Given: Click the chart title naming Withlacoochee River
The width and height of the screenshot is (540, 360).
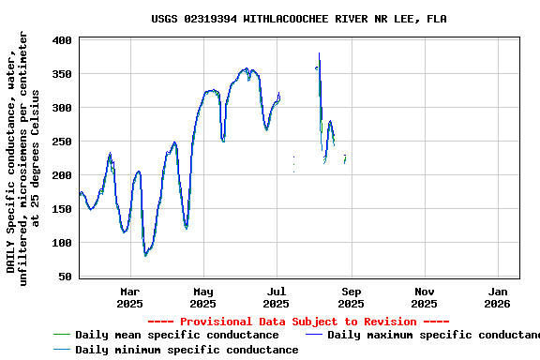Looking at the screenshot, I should pos(298,19).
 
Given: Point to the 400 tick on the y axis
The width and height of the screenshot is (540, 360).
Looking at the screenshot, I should pos(63,40).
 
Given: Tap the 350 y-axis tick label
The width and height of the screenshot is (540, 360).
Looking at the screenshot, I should pos(63,74).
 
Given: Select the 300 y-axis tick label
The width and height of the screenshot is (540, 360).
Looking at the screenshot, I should pos(63,108).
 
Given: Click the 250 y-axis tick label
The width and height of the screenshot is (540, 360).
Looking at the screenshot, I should pos(63,142).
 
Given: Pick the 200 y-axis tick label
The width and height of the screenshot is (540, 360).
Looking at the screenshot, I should pos(63,175).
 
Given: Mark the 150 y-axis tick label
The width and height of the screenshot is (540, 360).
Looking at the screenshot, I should pos(63,209).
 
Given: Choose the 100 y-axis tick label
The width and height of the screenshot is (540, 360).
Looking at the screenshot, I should pos(63,243).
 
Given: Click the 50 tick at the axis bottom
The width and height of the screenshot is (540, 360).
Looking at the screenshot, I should pos(66,277).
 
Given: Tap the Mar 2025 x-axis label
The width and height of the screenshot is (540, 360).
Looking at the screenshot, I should pos(129,297).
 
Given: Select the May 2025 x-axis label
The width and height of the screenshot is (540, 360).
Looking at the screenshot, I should pos(203,297).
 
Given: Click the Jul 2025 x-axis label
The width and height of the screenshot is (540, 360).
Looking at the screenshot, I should pos(277,297).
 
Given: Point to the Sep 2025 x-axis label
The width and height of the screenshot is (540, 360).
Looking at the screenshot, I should pos(351,297).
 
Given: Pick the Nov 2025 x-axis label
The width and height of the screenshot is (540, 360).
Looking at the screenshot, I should pos(424,297).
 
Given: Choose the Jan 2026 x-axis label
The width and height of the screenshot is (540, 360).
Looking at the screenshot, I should pos(498,297).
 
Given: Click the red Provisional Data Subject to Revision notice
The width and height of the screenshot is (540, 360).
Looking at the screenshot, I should pos(298,322).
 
